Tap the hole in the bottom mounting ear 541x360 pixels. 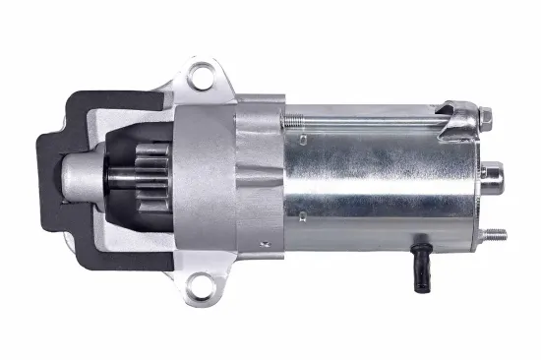pos(204,288)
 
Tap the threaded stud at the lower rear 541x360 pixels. pos(495,235)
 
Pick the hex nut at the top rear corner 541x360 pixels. pos(485,118)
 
